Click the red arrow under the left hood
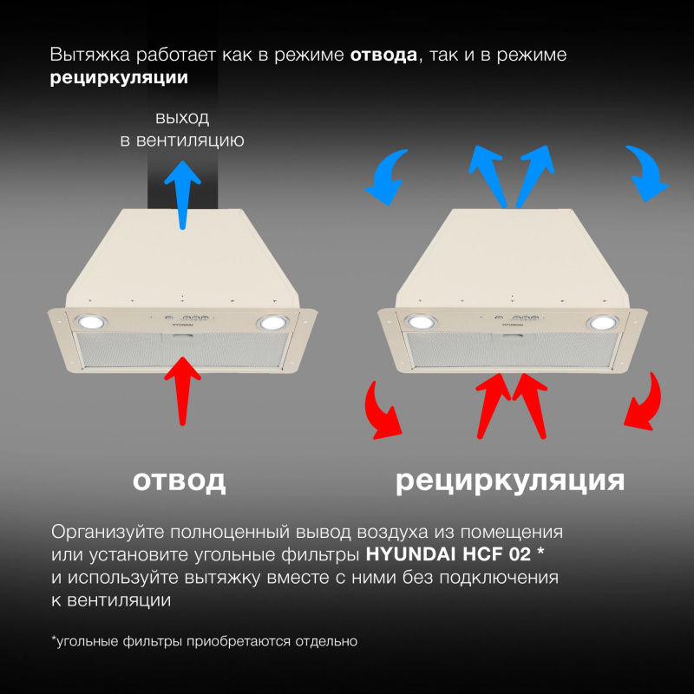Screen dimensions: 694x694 point(182,386)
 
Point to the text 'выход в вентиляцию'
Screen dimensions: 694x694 point(181,129)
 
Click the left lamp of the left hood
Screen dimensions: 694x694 point(89,321)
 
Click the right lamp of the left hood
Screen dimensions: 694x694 point(272,323)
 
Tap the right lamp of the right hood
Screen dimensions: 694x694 point(600,324)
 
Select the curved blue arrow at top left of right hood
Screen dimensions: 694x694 point(386,171)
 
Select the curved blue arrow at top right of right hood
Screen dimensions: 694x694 point(645,171)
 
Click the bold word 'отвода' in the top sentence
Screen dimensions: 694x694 point(383,55)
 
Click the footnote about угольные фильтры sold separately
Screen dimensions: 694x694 point(204,642)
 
